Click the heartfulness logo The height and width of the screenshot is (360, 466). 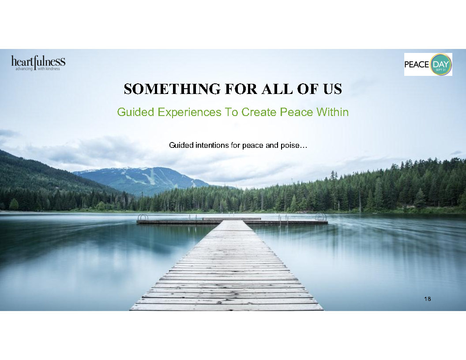pos(38,63)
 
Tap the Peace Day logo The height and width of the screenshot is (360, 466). pos(428,64)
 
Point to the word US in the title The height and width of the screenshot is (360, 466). pos(333,89)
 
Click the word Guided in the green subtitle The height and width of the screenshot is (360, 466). pos(135,112)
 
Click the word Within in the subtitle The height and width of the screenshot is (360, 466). pos(332,112)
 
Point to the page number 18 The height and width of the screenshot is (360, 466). pos(427,299)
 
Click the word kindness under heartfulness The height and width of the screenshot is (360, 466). pos(53,69)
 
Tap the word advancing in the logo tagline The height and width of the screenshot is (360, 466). pos(24,69)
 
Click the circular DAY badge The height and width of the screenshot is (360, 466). pos(441,64)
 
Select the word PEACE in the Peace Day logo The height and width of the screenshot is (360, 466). pos(417,64)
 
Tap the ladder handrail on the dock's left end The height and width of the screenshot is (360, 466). pos(143,217)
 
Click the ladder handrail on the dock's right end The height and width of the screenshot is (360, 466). pos(321,216)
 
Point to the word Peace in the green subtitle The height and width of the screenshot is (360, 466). pos(296,112)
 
